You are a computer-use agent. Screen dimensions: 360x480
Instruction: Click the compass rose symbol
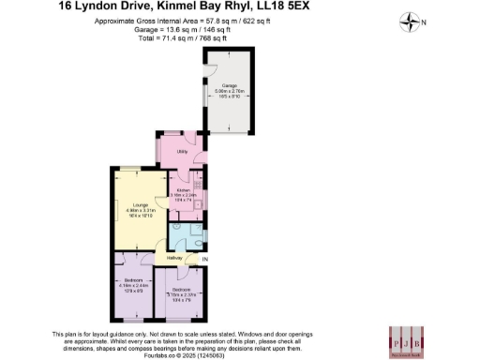point(410,20)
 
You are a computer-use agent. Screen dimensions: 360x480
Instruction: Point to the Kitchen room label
point(183,189)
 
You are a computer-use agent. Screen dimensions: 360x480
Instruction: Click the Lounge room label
point(140,203)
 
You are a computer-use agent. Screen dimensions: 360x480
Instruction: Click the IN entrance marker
point(205,259)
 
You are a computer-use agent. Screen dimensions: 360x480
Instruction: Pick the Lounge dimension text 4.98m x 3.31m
point(140,210)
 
